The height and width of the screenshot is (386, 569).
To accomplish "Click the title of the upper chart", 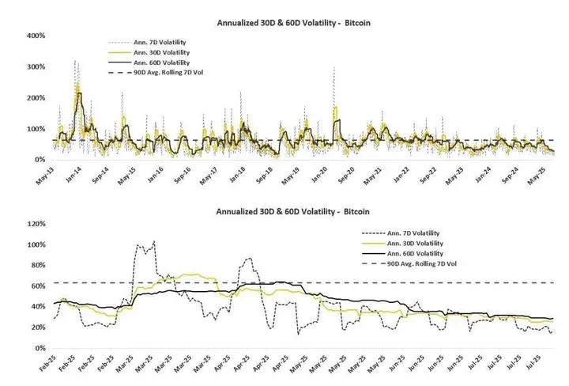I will tap(294, 23).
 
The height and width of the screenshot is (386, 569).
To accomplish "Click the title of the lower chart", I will tap(294, 211).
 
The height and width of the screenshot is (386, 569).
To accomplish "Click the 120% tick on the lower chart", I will tap(35, 224).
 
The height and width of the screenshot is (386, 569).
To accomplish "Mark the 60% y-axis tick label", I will tap(36, 286).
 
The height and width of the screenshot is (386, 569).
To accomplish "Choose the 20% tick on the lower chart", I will tap(36, 327).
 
